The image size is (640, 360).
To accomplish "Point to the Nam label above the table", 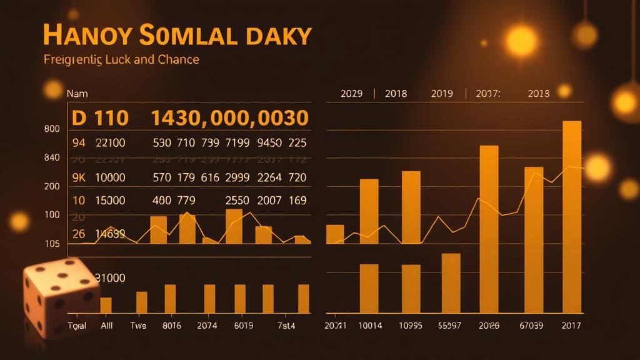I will pyautogui.click(x=77, y=94).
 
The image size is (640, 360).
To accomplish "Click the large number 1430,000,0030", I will pyautogui.click(x=229, y=117).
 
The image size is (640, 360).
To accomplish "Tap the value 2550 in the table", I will pyautogui.click(x=237, y=201).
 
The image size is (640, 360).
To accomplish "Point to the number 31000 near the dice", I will pyautogui.click(x=109, y=277).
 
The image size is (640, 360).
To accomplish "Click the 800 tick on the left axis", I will pyautogui.click(x=52, y=129).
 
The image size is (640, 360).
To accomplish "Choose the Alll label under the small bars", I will pyautogui.click(x=107, y=326).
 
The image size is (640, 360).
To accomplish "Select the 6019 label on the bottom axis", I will pyautogui.click(x=244, y=326).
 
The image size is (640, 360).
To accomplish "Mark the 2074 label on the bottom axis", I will pyautogui.click(x=207, y=326).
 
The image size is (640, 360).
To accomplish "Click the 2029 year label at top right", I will pyautogui.click(x=351, y=94).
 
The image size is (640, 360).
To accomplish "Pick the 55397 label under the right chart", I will pyautogui.click(x=451, y=326).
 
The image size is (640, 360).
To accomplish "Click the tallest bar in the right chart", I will pyautogui.click(x=572, y=216).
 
